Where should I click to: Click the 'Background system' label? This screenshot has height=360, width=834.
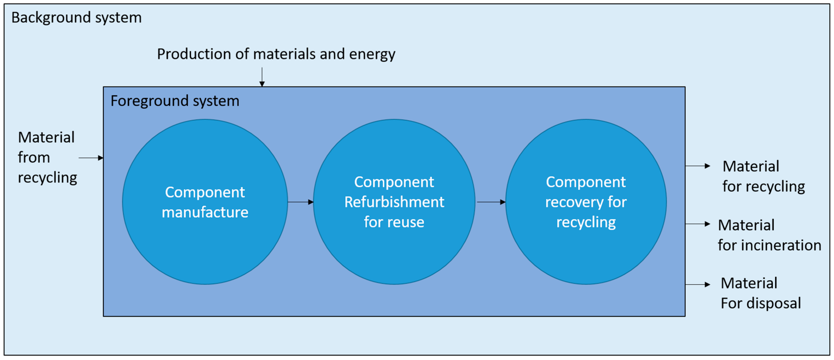click(x=76, y=17)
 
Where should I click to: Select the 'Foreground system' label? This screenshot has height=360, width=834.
click(x=175, y=101)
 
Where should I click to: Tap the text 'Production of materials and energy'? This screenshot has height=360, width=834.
click(x=276, y=54)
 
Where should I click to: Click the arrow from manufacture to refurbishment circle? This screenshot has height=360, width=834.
click(x=300, y=202)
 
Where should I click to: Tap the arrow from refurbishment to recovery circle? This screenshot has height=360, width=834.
click(x=491, y=202)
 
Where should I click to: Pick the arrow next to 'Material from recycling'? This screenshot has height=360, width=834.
click(x=91, y=158)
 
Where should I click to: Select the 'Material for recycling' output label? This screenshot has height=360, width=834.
click(x=763, y=177)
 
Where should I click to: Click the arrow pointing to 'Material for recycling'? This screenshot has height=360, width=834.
click(x=697, y=166)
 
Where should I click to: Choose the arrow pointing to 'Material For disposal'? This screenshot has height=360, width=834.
click(x=697, y=285)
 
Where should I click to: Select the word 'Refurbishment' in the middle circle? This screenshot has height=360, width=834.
click(x=394, y=202)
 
